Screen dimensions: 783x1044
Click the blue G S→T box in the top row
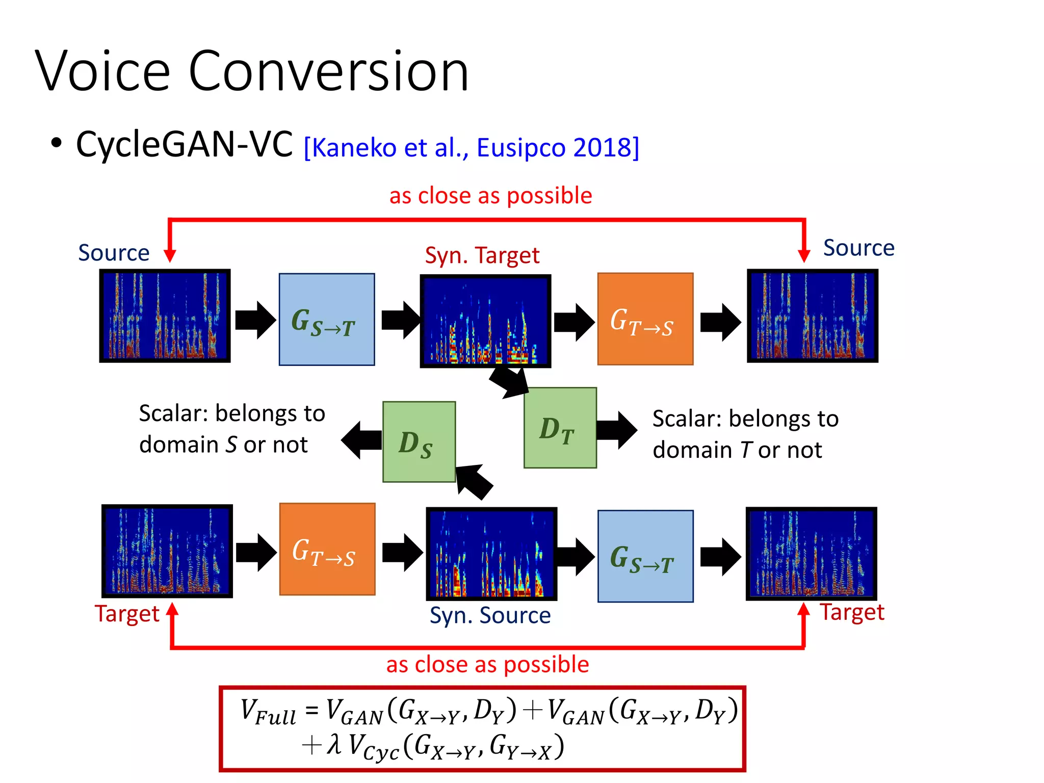[326, 319]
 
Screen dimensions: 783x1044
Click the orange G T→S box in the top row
[645, 319]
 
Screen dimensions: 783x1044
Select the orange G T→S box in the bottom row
[327, 549]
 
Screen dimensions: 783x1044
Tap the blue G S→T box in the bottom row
[645, 556]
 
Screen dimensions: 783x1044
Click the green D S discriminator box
[419, 441]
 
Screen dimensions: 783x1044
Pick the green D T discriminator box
[560, 428]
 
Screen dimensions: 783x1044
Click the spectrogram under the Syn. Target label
[485, 321]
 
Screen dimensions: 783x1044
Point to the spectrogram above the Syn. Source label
[491, 554]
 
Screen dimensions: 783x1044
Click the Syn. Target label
[482, 255]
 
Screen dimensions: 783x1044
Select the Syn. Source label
[490, 615]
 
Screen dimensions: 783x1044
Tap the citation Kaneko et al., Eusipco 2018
[471, 148]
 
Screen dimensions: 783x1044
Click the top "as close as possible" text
[490, 196]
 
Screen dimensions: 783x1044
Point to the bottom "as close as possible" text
[487, 665]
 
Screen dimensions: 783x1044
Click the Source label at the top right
[858, 248]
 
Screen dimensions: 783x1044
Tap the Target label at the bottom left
[127, 614]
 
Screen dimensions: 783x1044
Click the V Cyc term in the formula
[373, 748]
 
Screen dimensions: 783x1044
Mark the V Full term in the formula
[268, 712]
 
